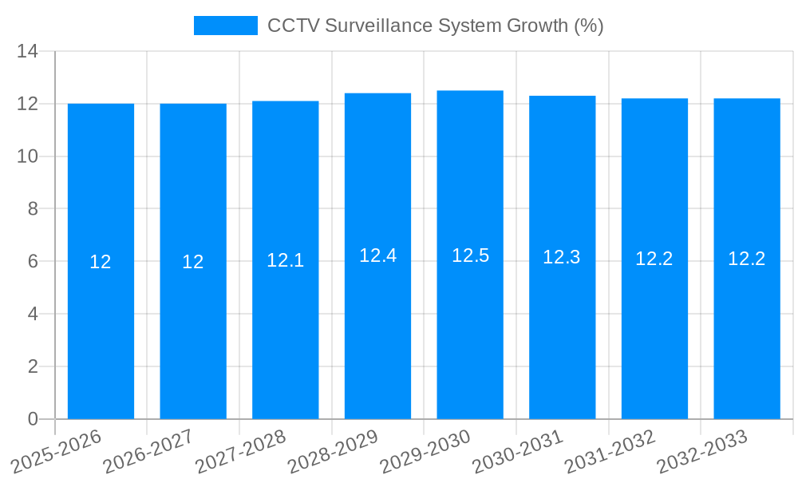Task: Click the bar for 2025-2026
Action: (x=101, y=335)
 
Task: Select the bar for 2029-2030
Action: (x=470, y=335)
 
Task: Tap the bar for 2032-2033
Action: (x=747, y=335)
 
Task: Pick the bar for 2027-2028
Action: (x=286, y=335)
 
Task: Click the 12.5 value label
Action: (x=470, y=255)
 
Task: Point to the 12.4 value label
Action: (x=377, y=255)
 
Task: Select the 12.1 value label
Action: (x=286, y=260)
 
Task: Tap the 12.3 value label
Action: (x=562, y=257)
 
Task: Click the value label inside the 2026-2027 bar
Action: (x=193, y=262)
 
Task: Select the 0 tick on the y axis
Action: (x=33, y=419)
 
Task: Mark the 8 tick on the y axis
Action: (x=33, y=209)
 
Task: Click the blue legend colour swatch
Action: (x=226, y=26)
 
